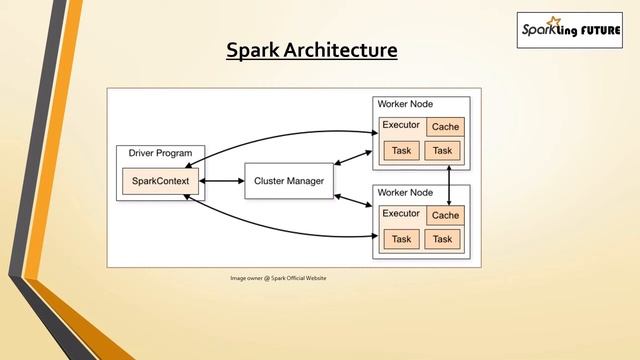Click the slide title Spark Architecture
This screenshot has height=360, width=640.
pyautogui.click(x=311, y=49)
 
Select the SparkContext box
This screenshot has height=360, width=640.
pyautogui.click(x=161, y=181)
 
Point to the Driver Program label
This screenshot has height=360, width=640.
pyautogui.click(x=160, y=153)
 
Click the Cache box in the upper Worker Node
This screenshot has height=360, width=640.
pyautogui.click(x=445, y=127)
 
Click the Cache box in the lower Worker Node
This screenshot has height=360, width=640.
pyautogui.click(x=445, y=215)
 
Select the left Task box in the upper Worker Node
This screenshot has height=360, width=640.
pyautogui.click(x=401, y=151)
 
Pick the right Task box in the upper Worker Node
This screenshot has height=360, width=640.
pyautogui.click(x=443, y=151)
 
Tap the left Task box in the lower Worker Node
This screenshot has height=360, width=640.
pyautogui.click(x=401, y=239)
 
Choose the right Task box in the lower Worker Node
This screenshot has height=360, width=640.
pyautogui.click(x=443, y=239)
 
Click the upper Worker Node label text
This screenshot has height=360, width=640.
pyautogui.click(x=405, y=104)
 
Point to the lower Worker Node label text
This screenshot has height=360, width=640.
pyautogui.click(x=405, y=192)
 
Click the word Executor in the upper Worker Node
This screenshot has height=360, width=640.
pyautogui.click(x=401, y=126)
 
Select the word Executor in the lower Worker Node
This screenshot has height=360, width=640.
pyautogui.click(x=401, y=214)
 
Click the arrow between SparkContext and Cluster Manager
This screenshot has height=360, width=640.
pyautogui.click(x=223, y=181)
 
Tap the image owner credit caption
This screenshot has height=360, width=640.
pyautogui.click(x=278, y=277)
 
